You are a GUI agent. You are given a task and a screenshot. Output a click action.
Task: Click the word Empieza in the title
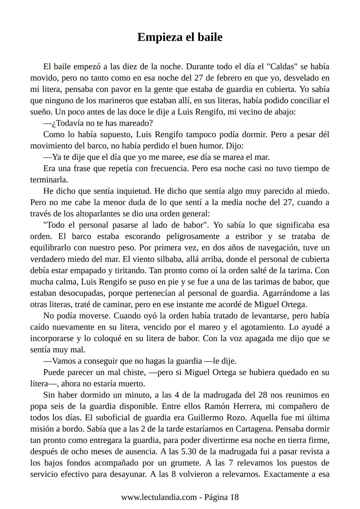click(159, 37)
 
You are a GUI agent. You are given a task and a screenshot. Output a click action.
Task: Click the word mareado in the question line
click(132, 123)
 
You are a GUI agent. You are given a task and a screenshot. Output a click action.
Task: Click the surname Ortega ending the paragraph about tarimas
click(292, 304)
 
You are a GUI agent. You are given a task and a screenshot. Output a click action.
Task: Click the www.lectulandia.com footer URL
click(159, 497)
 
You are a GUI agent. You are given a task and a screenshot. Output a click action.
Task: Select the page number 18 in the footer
click(234, 497)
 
